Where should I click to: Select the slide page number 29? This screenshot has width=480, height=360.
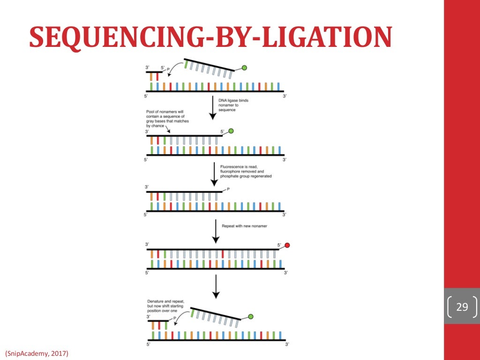462,307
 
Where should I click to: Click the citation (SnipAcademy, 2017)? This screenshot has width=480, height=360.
37,352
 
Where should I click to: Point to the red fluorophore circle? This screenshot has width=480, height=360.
287,245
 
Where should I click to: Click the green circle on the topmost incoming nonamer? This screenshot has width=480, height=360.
244,68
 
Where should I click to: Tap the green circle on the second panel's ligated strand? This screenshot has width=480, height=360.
230,132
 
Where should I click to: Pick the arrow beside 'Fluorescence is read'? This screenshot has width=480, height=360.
215,174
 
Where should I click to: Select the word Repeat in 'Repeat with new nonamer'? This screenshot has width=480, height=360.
228,226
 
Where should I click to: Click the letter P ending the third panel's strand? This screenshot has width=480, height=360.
228,189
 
